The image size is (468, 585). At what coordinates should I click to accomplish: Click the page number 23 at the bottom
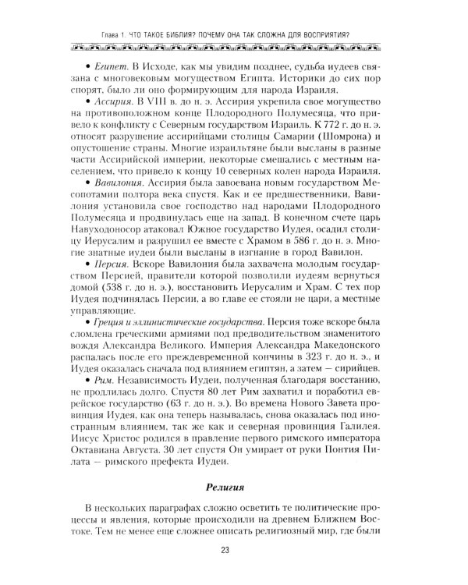pyautogui.click(x=234, y=555)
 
